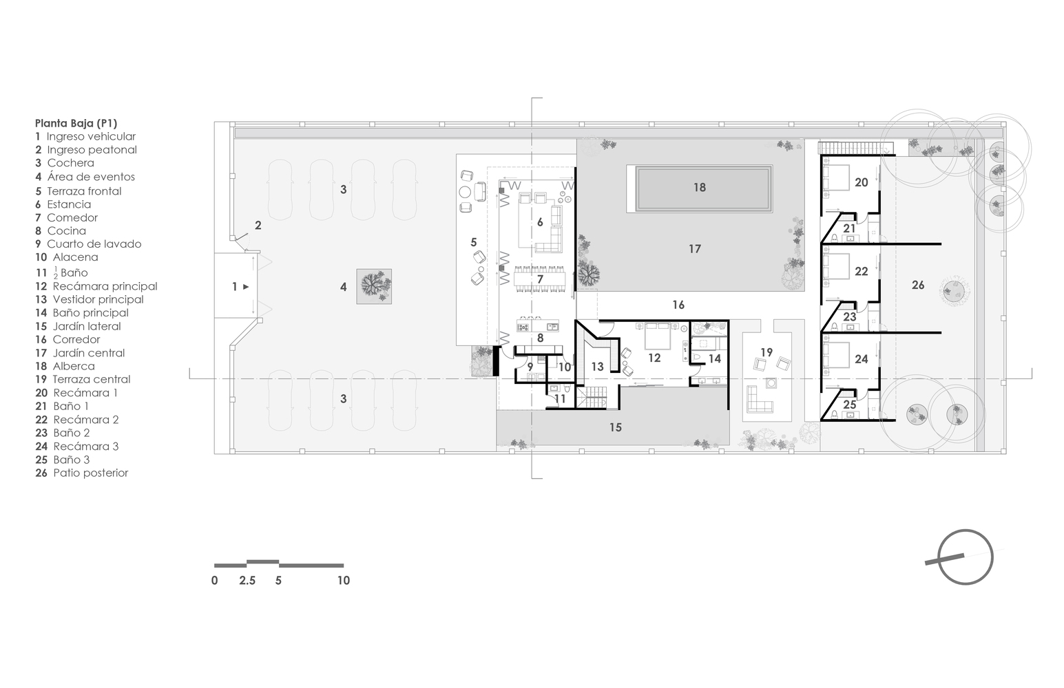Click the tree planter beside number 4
(x=374, y=286)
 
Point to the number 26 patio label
(x=918, y=285)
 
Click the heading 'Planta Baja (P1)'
(x=76, y=123)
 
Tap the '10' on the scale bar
(x=343, y=581)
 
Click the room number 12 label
(x=654, y=358)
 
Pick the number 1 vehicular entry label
(x=234, y=286)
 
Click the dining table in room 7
(x=541, y=279)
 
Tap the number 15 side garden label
(x=616, y=427)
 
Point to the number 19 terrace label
(x=766, y=352)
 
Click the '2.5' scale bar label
(x=247, y=581)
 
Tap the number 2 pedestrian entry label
(x=258, y=225)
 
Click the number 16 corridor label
(x=678, y=305)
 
